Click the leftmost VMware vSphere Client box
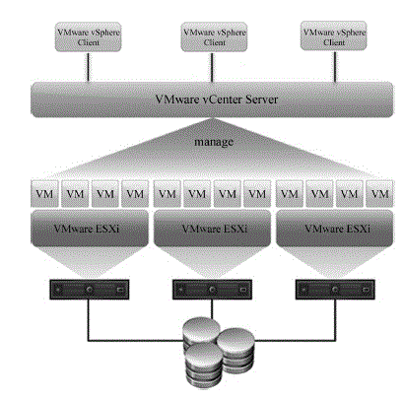[88, 37]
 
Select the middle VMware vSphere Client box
[214, 37]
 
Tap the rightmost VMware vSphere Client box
[334, 36]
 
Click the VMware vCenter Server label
[217, 100]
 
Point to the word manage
[214, 142]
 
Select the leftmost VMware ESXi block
[90, 229]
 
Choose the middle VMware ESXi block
[213, 229]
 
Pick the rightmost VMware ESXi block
[335, 229]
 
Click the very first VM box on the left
[44, 193]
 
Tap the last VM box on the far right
[379, 193]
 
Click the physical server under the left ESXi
[90, 290]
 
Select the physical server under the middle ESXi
[212, 290]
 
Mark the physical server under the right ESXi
[335, 290]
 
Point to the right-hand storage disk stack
[236, 348]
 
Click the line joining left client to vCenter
[88, 67]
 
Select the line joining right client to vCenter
[335, 66]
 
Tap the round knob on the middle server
[213, 290]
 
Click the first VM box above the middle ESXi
[168, 193]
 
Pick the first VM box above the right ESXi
[290, 193]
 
